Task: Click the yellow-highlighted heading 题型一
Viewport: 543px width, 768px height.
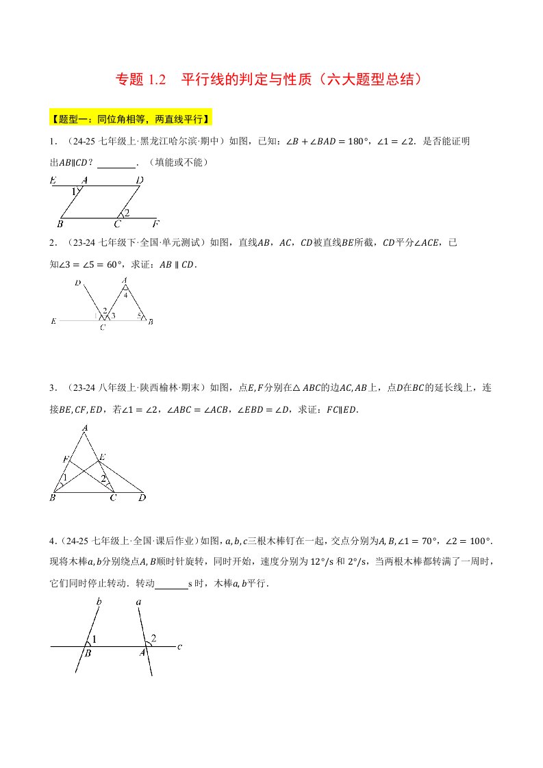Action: pos(131,118)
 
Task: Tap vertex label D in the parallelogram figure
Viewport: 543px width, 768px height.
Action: pos(139,180)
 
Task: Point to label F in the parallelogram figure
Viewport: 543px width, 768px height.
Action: pos(156,224)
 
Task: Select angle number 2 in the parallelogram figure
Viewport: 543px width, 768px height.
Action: pos(127,213)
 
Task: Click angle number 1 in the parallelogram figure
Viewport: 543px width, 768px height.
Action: pos(75,192)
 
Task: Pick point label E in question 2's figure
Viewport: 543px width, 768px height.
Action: pos(53,321)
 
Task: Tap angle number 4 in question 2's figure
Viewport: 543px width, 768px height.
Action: pos(125,295)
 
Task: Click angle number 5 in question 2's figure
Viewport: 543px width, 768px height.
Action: pos(138,316)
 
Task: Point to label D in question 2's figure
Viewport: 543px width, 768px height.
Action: pos(78,283)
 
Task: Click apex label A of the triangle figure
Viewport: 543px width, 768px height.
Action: pos(85,428)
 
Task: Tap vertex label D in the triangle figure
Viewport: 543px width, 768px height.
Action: pos(142,498)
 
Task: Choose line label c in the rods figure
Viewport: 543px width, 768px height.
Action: pos(179,645)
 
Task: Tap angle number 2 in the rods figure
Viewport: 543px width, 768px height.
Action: pos(153,639)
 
